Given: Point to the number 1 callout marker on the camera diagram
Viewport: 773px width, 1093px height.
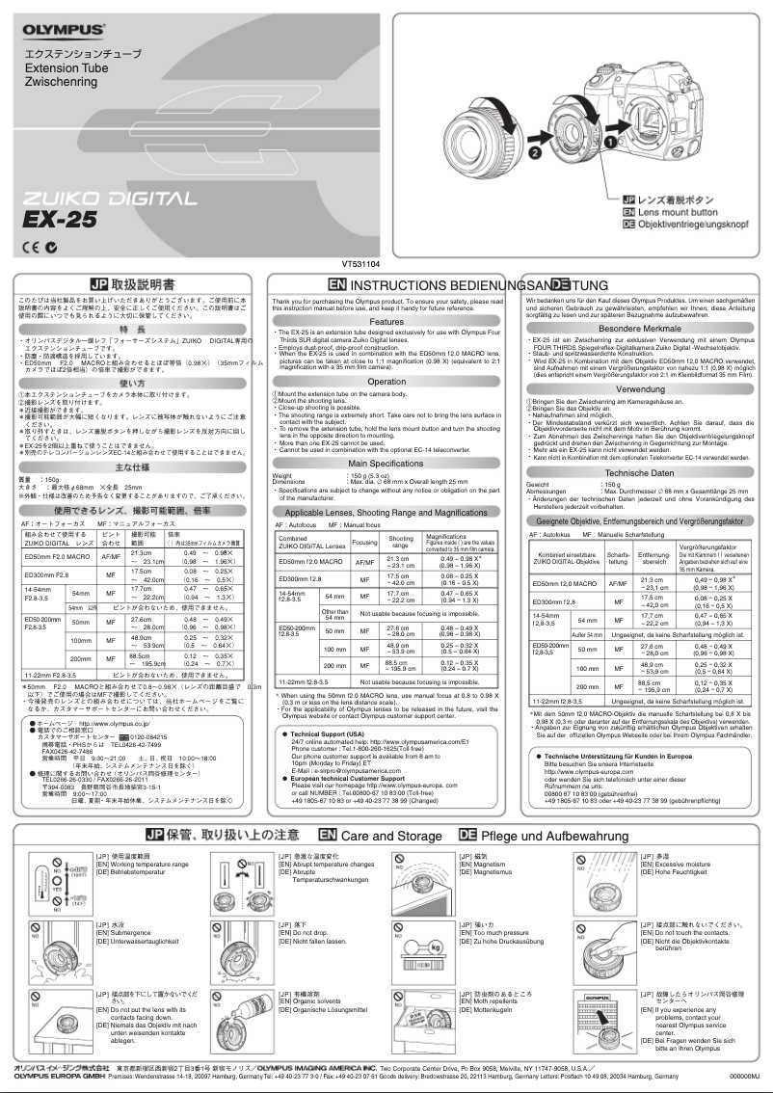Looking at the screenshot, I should [x=609, y=140].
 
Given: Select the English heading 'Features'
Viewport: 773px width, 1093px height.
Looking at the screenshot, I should [x=386, y=321].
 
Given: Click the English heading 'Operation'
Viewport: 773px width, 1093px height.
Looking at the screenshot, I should [x=386, y=382].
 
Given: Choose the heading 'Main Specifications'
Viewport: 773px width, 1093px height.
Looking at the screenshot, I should [x=386, y=463].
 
